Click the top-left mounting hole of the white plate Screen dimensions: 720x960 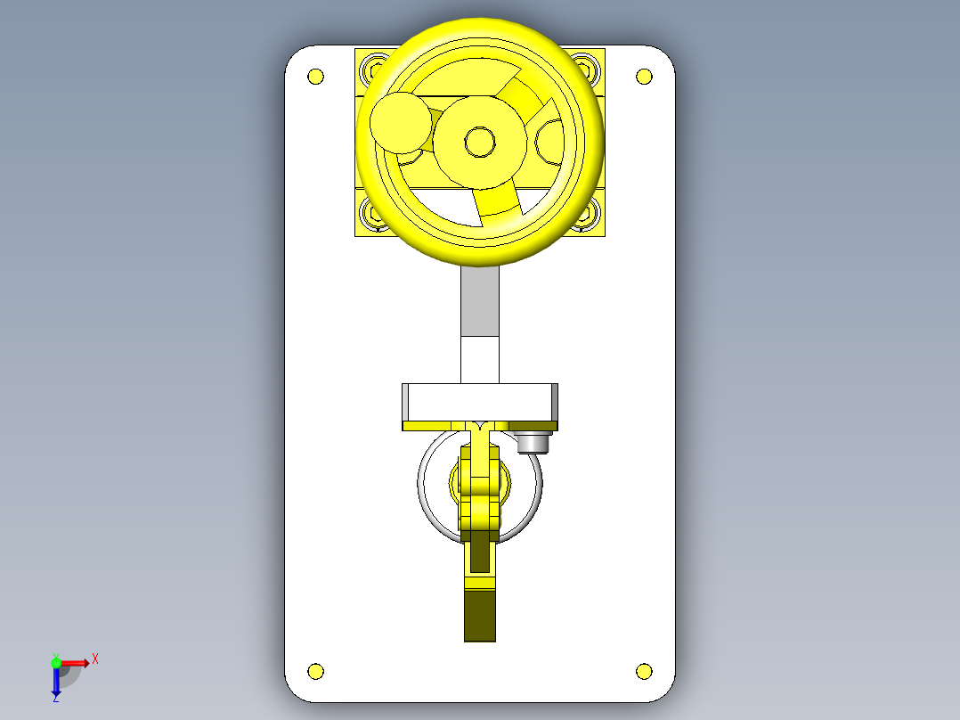pyautogui.click(x=315, y=76)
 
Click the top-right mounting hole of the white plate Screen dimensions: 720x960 pyautogui.click(x=644, y=76)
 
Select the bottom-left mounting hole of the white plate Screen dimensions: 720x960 pyautogui.click(x=315, y=671)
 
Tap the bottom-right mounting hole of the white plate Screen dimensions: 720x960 pyautogui.click(x=644, y=671)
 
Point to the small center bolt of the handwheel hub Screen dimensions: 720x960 pyautogui.click(x=480, y=141)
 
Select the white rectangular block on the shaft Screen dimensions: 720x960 pyautogui.click(x=479, y=401)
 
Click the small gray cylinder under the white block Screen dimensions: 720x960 pyautogui.click(x=533, y=442)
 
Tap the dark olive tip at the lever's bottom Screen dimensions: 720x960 pyautogui.click(x=479, y=615)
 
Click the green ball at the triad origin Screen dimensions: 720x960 pyautogui.click(x=56, y=662)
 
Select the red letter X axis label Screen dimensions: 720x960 pyautogui.click(x=94, y=659)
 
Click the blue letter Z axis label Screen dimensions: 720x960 pyautogui.click(x=55, y=700)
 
